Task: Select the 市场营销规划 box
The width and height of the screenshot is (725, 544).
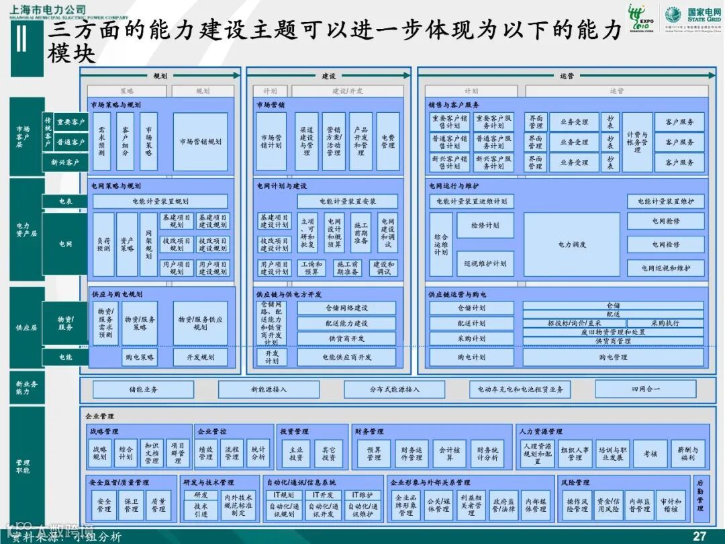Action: point(200,142)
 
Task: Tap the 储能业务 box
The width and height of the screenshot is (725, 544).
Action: point(144,390)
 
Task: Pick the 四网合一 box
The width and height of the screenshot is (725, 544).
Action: point(645,389)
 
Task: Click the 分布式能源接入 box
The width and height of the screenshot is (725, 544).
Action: point(394,390)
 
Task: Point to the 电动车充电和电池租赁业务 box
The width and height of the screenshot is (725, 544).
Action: point(520,390)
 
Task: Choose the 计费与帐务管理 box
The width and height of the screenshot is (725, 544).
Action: point(636,142)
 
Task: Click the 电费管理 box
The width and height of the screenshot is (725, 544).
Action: point(388,141)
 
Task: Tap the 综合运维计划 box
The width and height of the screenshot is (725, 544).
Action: point(441,244)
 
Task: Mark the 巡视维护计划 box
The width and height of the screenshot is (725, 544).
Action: point(485,264)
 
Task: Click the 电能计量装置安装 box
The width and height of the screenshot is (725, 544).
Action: point(348,201)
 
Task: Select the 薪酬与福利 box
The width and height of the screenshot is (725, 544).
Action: point(687,454)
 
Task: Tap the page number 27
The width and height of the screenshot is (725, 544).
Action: point(699,536)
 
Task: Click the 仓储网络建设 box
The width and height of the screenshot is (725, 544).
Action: point(346,308)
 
